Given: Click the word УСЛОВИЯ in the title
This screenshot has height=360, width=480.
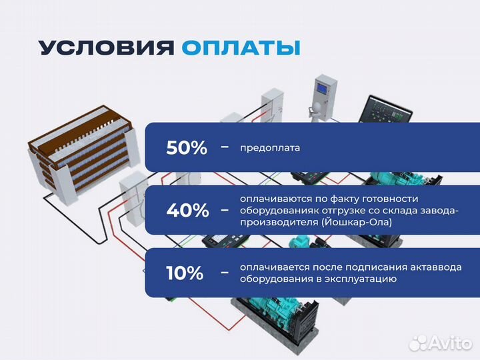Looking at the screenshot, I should [106, 49].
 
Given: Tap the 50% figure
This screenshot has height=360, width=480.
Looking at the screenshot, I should [187, 147].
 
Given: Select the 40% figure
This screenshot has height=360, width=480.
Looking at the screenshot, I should [187, 211].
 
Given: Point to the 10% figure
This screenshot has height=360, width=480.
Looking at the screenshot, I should [185, 272].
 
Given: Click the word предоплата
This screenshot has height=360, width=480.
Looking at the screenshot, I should [270, 148].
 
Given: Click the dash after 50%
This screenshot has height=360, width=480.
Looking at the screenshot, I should [224, 147].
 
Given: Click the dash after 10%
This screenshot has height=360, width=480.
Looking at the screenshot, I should [224, 272].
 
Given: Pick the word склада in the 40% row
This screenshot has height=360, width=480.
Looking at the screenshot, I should [402, 211].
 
